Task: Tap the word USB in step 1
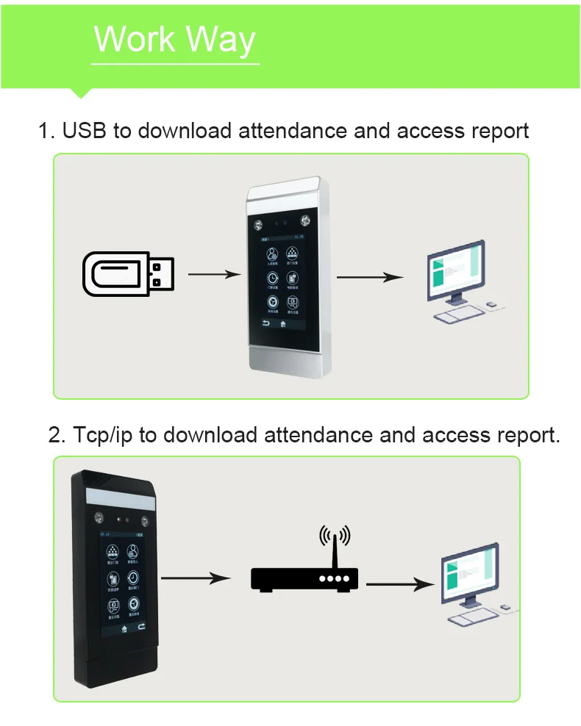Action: coord(85,131)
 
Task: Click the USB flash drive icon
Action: coord(128,274)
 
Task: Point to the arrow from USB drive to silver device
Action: coord(214,274)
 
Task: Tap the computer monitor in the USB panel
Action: coord(456,270)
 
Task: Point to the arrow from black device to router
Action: coord(190,578)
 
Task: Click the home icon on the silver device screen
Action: coord(282,324)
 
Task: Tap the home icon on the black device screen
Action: coord(124,628)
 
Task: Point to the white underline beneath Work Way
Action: coord(177,64)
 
